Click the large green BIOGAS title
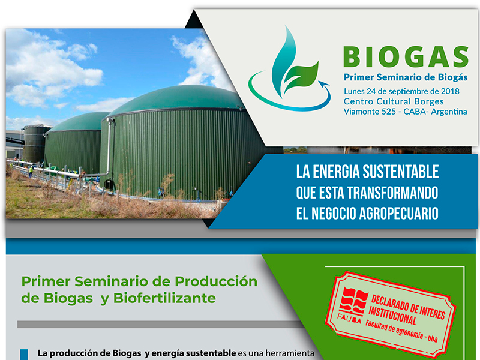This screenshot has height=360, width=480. coord(405,56)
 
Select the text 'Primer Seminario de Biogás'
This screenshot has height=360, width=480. coord(405,77)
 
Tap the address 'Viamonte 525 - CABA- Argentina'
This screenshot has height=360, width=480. coord(405,112)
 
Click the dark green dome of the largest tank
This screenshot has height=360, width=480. coord(174,99)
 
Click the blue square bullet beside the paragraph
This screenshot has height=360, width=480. coord(24,354)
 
